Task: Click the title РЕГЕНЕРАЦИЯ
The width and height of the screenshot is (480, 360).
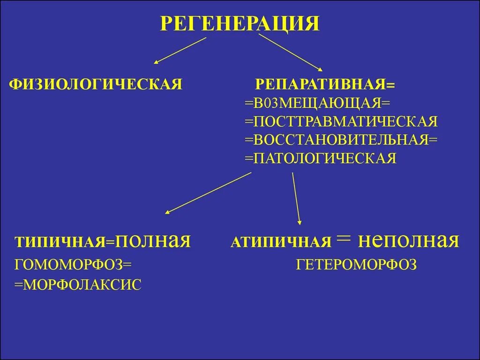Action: pos(240,23)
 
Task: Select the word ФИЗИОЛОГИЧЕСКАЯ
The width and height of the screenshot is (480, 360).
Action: pos(96,84)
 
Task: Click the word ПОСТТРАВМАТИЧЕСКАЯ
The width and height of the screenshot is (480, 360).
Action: pos(345,121)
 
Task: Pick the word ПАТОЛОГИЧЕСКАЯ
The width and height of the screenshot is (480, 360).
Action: pos(325,158)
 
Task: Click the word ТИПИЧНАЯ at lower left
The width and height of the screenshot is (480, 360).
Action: pos(60,242)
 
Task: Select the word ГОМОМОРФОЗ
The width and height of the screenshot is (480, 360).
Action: pos(68,265)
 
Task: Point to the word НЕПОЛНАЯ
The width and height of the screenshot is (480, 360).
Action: pos(408,241)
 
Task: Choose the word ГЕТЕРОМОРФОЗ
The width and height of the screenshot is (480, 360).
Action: pos(356,265)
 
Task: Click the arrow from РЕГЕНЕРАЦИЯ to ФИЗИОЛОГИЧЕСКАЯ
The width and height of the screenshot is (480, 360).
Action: pos(180,50)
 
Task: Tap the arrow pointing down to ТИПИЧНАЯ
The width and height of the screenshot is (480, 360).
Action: pos(209,193)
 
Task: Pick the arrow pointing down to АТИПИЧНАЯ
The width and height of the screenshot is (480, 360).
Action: pos(296,198)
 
